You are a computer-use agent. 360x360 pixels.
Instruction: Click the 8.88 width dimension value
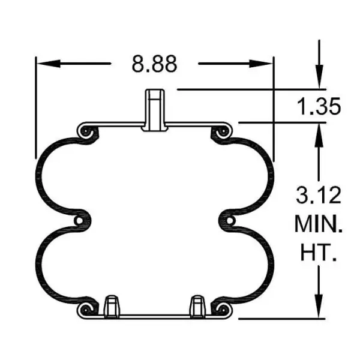click(x=154, y=64)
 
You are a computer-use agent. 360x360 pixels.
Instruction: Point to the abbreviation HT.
click(x=317, y=253)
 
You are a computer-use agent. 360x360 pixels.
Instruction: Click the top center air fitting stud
click(x=155, y=109)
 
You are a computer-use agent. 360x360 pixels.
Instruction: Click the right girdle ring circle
click(x=230, y=221)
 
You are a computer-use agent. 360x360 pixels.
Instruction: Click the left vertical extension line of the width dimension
click(x=36, y=108)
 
